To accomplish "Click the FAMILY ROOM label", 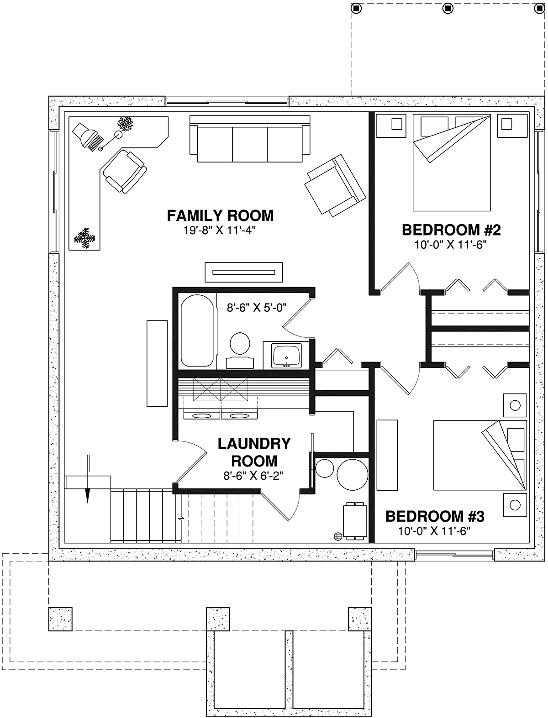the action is point(220,215).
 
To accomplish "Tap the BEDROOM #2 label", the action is point(451,230).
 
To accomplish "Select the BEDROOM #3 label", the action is point(435,517).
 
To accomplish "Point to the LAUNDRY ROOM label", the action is point(254,452).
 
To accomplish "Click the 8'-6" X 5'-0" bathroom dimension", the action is point(257,308).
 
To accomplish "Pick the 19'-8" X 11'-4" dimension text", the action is point(219,231).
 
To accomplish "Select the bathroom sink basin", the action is point(287,356).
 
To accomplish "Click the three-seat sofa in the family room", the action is point(250,139).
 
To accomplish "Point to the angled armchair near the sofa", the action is point(335,185).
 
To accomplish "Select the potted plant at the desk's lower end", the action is point(85,238).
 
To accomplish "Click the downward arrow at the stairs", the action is point(87,478).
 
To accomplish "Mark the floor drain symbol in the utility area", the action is point(337,536).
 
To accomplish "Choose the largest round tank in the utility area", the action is point(353,475).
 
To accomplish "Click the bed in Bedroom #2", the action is point(452,162).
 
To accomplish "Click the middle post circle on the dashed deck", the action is point(448,8).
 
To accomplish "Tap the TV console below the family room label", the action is point(244,272).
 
